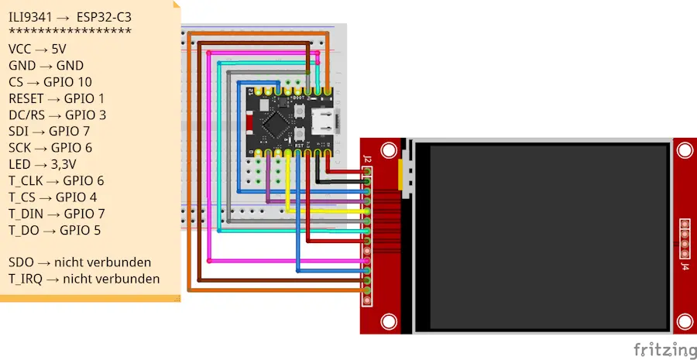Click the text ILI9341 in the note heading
(x=30, y=18)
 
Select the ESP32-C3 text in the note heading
(x=104, y=18)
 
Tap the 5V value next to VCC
(x=59, y=49)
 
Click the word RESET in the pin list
(x=26, y=98)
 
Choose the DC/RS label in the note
(x=26, y=115)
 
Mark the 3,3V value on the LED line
(x=64, y=164)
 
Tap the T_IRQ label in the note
(x=26, y=279)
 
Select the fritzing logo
(x=665, y=349)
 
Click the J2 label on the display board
(x=367, y=159)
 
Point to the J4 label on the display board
(x=686, y=266)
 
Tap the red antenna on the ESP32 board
(x=250, y=124)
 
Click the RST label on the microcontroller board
(x=300, y=146)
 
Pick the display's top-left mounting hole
(x=389, y=151)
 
